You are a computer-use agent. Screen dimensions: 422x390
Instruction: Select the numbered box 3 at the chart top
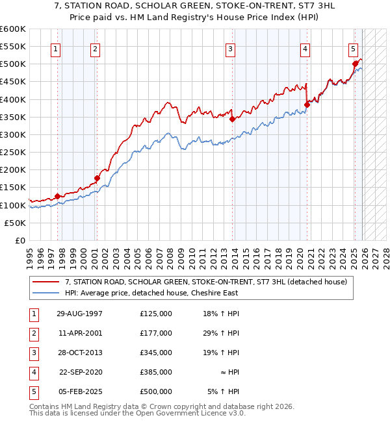[x=230, y=48]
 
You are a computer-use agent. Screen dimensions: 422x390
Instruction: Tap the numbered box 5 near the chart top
[x=353, y=48]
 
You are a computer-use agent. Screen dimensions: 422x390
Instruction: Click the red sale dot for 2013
[x=232, y=119]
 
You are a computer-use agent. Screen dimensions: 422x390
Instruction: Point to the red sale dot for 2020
[x=307, y=105]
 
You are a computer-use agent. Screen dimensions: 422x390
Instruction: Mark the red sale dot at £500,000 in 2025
[x=355, y=64]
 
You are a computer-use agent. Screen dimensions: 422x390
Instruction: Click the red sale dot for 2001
[x=97, y=178]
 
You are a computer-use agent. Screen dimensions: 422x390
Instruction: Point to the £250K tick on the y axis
[x=13, y=152]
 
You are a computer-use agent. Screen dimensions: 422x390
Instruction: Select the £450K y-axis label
[x=13, y=82]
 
